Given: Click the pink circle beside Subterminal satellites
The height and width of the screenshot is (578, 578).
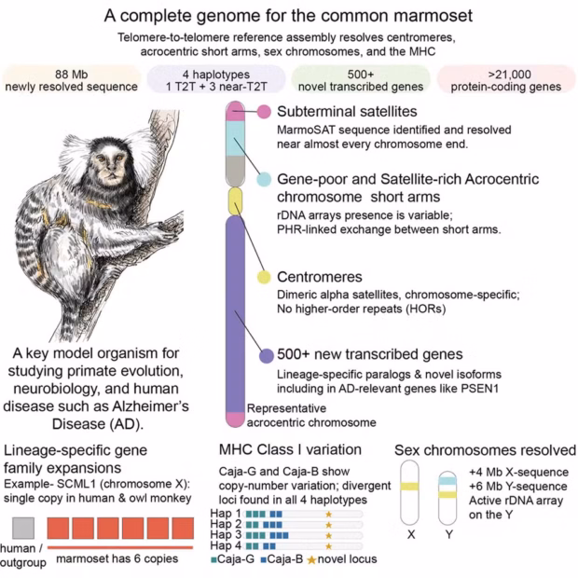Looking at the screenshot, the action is click(x=264, y=111).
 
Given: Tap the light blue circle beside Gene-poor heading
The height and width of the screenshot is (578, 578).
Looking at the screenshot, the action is click(x=264, y=179).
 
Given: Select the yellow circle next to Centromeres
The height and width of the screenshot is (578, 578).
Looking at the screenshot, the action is click(x=264, y=277).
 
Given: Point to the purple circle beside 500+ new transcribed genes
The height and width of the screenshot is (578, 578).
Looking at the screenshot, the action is click(x=267, y=356).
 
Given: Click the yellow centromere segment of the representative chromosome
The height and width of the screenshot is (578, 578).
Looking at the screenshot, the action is click(x=235, y=201).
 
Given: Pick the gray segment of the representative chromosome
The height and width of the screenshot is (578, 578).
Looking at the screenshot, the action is click(x=235, y=171).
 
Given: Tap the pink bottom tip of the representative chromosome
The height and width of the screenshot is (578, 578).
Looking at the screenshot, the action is click(x=235, y=420).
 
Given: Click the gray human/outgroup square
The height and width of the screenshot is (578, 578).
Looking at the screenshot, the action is click(x=23, y=528).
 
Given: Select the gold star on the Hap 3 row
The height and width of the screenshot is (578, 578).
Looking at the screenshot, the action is click(x=329, y=535).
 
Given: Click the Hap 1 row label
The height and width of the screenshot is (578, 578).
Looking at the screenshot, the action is click(x=226, y=513).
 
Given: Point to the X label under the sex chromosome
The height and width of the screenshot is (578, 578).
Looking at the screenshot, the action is click(x=411, y=534).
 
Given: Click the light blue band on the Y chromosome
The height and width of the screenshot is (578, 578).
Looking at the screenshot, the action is click(x=447, y=481).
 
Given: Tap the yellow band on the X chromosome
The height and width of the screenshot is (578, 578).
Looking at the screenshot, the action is click(x=409, y=487).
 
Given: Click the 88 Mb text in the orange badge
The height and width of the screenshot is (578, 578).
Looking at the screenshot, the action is click(x=72, y=75).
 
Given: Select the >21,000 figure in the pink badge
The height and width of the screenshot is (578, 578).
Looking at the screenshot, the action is click(x=509, y=75).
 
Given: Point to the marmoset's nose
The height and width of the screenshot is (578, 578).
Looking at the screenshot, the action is click(x=109, y=172).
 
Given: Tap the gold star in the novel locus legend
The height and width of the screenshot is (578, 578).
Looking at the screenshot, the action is click(x=311, y=560).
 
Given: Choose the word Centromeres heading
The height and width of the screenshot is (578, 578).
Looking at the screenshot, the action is click(x=320, y=277).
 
